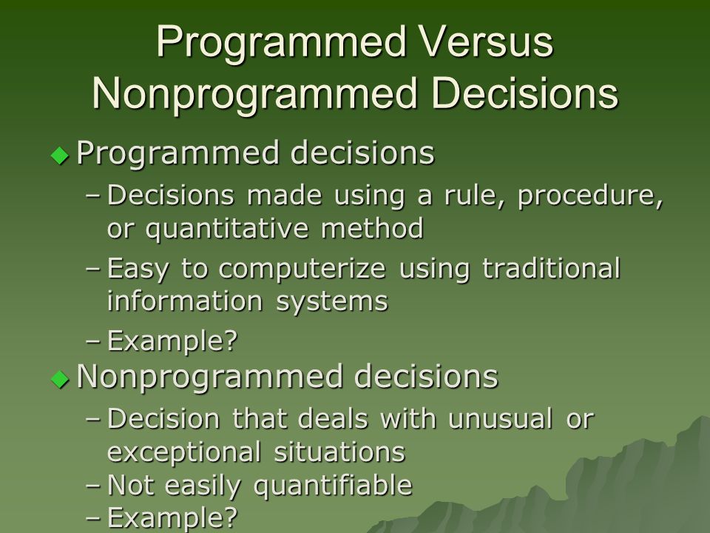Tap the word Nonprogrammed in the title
click(254, 93)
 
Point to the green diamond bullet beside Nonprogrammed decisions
click(60, 379)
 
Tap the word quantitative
click(227, 229)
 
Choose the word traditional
click(551, 268)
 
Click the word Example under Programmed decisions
click(172, 341)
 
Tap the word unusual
click(501, 418)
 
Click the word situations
click(339, 452)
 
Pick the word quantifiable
click(333, 486)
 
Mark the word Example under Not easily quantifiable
click(172, 518)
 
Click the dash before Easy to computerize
click(92, 268)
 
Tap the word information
click(185, 301)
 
